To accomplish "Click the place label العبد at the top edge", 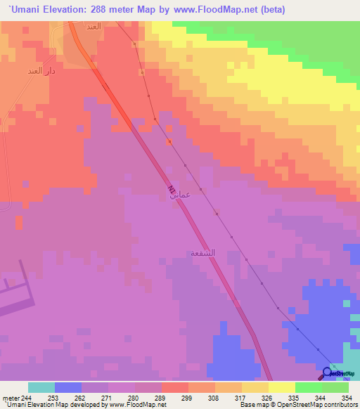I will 94,26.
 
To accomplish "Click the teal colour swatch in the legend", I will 41,387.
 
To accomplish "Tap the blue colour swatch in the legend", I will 68,387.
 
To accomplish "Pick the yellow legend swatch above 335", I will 282,387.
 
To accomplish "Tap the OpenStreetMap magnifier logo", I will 328,374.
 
